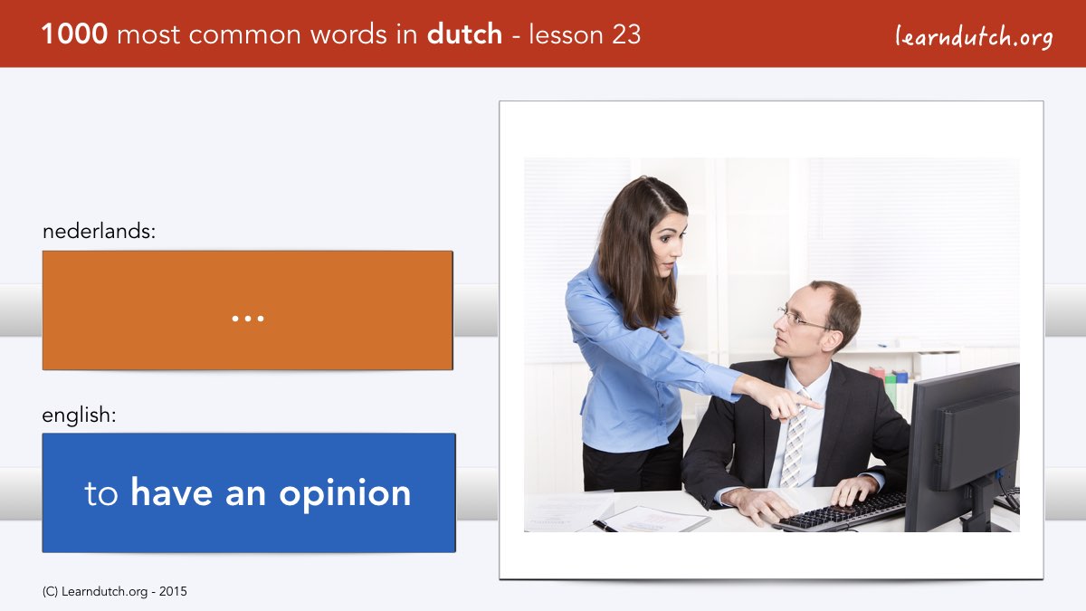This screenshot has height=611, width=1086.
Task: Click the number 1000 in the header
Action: pos(74,34)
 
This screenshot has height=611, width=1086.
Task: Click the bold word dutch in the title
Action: pos(464,34)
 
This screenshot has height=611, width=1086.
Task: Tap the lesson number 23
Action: pos(626,34)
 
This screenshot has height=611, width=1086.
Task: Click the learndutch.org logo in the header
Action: pos(974,37)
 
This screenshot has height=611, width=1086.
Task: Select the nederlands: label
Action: pos(99,231)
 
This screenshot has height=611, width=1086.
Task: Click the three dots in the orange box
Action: pos(248,319)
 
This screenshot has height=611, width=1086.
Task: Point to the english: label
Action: pos(79,415)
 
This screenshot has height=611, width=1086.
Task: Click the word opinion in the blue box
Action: pos(345,494)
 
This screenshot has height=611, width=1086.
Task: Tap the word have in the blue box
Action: pos(172,492)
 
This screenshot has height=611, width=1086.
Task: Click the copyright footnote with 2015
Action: pos(114,592)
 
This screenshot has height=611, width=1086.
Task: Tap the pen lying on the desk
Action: pos(605,526)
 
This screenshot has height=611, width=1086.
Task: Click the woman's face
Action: pos(669,247)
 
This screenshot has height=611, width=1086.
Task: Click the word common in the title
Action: pos(244,35)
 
